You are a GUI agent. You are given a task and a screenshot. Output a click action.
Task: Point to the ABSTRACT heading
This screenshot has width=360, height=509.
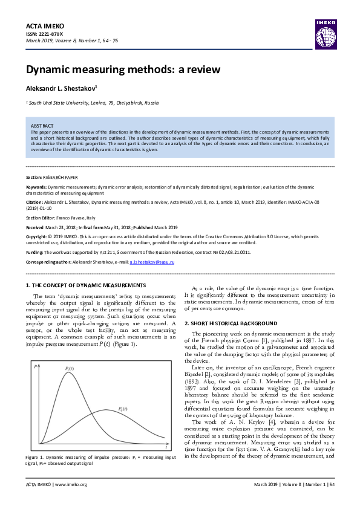tap(42, 125)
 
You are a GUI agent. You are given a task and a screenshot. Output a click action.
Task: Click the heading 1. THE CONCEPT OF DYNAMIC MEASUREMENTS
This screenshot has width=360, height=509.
tap(86, 285)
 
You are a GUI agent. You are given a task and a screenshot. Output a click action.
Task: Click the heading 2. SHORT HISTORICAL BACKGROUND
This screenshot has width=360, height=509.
tap(231, 323)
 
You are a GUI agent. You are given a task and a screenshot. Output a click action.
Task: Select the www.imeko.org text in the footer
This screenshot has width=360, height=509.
tap(71, 484)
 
